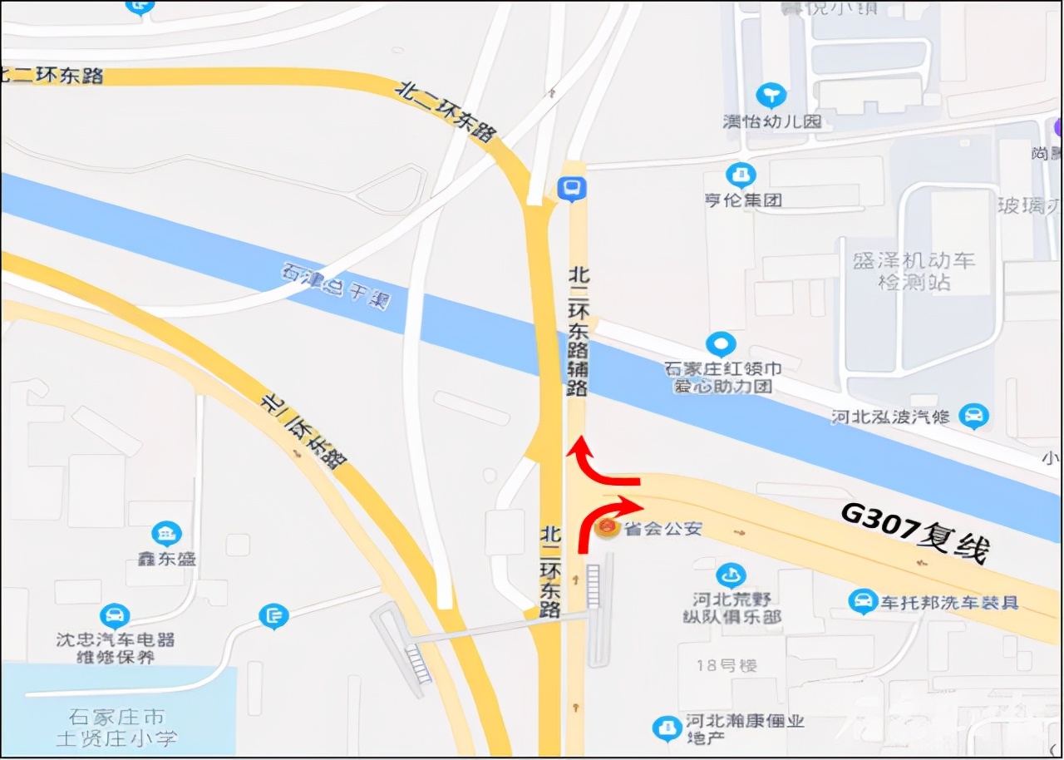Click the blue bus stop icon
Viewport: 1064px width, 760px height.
pyautogui.click(x=571, y=190)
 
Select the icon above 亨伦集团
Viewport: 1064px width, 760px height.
pyautogui.click(x=740, y=175)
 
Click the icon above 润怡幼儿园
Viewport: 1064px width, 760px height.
pyautogui.click(x=771, y=95)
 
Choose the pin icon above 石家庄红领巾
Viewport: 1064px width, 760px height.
pyautogui.click(x=720, y=344)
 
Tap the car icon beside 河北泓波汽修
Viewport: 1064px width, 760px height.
pyautogui.click(x=973, y=416)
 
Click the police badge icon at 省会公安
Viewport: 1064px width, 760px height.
pyautogui.click(x=608, y=527)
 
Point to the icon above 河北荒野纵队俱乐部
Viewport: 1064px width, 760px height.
pyautogui.click(x=731, y=575)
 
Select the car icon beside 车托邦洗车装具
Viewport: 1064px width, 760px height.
pyautogui.click(x=864, y=601)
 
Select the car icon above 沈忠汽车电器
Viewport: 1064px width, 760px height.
pyautogui.click(x=115, y=616)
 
